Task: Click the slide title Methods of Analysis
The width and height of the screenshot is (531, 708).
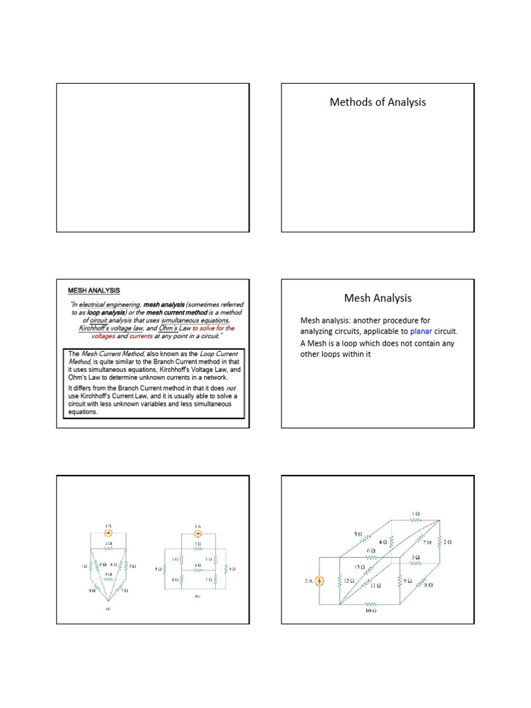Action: point(378,102)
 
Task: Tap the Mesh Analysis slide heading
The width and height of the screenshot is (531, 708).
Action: point(378,298)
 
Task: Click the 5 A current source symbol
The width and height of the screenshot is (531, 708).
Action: point(319,581)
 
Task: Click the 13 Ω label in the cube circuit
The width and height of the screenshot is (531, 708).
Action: point(360,567)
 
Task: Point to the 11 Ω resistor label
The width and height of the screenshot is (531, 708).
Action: point(375,585)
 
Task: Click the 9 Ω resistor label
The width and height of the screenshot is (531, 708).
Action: point(408,581)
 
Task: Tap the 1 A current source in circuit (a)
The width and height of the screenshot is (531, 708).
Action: point(109,534)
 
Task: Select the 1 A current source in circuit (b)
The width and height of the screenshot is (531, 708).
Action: point(197,534)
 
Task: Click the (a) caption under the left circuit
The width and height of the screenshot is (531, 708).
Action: point(109,609)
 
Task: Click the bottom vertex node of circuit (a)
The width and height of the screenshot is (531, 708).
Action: point(109,600)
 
